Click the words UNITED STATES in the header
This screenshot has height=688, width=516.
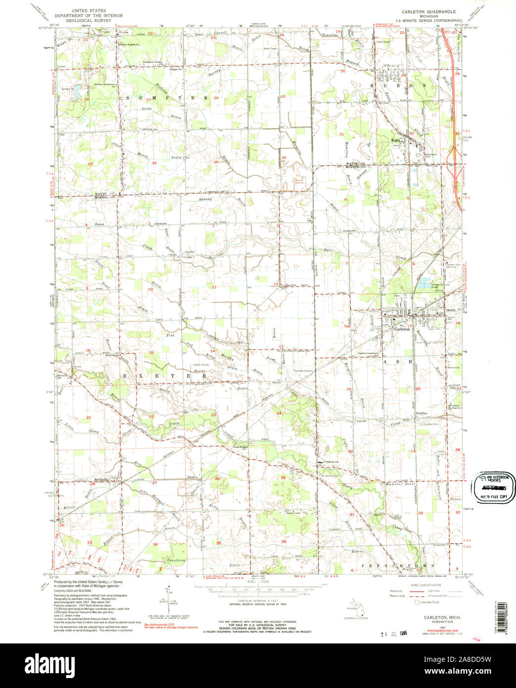[x=85, y=10]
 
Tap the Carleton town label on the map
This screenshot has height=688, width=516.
[x=401, y=329]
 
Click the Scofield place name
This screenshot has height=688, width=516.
[x=101, y=479]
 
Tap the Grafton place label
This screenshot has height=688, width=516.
[x=421, y=413]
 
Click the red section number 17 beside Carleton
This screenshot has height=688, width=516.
[x=409, y=325]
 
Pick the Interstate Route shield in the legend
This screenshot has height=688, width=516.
[x=416, y=602]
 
